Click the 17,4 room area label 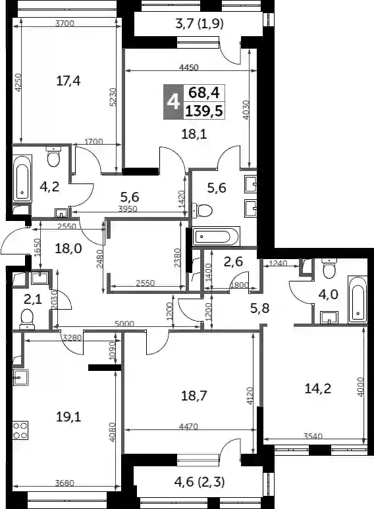68,80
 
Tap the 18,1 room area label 194,133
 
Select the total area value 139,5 204,111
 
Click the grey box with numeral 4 173,102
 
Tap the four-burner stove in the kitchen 20,430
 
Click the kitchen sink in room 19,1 21,377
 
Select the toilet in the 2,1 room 27,320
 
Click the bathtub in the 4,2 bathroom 22,179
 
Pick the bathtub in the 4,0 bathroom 358,299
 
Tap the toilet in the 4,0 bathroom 329,268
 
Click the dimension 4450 189,67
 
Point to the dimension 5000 124,324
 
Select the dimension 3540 313,436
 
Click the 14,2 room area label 317,388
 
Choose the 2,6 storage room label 233,262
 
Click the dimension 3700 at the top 65,23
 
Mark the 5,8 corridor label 260,308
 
